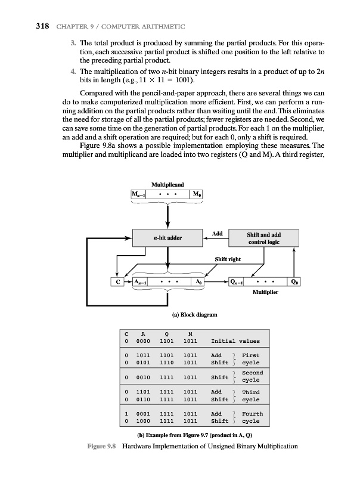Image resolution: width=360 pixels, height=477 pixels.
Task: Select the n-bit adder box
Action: pyautogui.click(x=168, y=238)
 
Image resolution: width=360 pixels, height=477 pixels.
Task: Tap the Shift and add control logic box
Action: pyautogui.click(x=267, y=238)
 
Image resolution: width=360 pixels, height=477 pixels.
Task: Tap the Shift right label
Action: pyautogui.click(x=228, y=259)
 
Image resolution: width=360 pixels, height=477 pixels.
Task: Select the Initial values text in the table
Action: pyautogui.click(x=236, y=342)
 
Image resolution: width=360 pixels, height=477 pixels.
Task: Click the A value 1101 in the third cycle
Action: pyautogui.click(x=142, y=392)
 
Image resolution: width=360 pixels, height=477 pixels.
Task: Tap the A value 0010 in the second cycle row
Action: pyautogui.click(x=142, y=377)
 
